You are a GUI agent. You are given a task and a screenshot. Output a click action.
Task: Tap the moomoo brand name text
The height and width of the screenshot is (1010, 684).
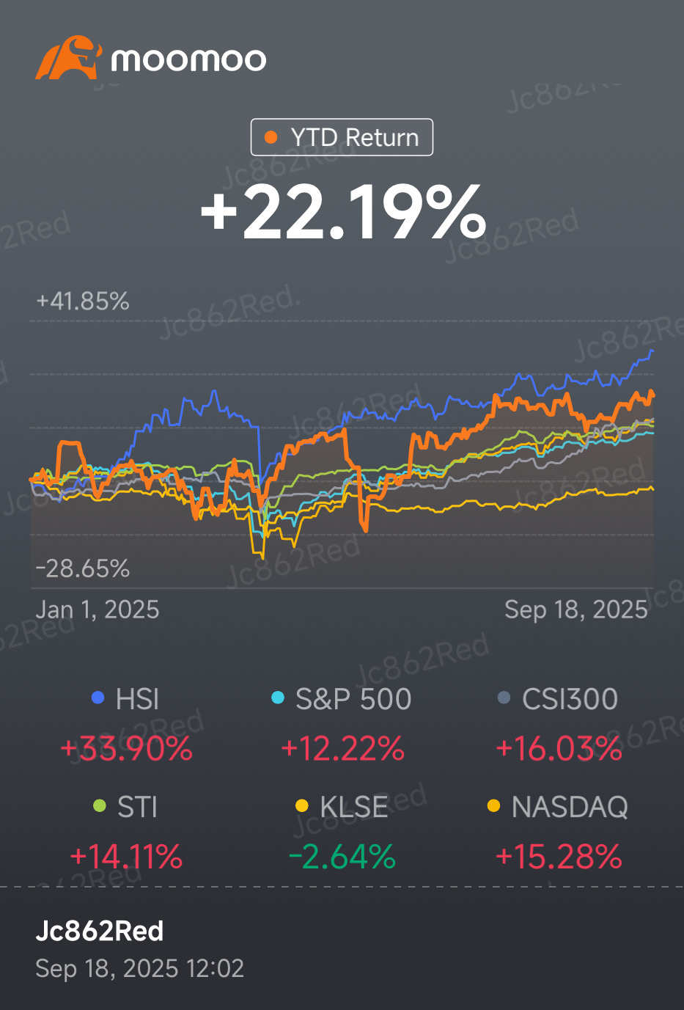point(188,59)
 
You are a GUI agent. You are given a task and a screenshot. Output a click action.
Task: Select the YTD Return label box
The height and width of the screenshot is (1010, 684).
point(342,137)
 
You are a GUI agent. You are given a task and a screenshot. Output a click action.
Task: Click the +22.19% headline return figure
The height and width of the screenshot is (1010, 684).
point(342,212)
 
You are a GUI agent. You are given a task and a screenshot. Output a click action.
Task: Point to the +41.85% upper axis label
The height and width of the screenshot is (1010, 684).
point(82,301)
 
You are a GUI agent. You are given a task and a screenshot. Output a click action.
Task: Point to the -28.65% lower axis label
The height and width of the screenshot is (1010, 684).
point(82,568)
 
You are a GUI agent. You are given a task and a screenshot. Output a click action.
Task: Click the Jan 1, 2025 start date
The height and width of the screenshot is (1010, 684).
point(97,610)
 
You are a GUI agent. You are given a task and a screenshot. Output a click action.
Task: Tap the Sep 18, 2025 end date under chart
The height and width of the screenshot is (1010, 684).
point(575,610)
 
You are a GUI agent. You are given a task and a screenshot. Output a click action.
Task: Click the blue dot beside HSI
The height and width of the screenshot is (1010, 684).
point(98,698)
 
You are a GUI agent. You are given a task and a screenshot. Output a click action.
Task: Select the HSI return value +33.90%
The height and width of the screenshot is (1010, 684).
point(126,749)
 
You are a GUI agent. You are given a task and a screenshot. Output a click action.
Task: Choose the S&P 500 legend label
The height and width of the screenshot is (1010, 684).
point(353,699)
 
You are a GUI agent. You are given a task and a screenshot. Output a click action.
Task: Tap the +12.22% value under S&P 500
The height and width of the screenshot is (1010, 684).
point(342,749)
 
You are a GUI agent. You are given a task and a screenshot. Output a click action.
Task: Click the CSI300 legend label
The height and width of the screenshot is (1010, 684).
point(570,699)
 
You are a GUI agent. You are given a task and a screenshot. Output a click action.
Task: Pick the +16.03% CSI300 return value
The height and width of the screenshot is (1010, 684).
point(559,749)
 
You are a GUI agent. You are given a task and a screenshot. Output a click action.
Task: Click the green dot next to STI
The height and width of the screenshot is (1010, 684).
point(100,806)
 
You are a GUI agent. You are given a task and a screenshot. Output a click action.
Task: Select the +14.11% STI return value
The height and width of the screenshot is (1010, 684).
point(126,856)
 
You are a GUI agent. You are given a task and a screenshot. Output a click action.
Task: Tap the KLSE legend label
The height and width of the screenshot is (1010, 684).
point(353,807)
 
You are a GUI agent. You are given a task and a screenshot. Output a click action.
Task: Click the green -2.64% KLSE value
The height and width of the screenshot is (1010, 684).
point(342,856)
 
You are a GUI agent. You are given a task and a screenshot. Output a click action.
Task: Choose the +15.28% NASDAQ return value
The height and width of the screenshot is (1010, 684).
point(559,856)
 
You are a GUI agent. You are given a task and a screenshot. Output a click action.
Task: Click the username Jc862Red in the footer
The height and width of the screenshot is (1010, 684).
point(100,931)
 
